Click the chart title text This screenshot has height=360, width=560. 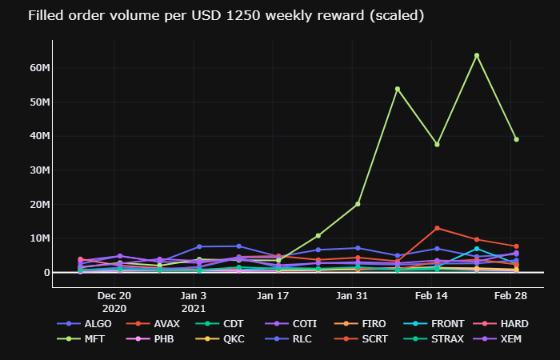point(214,15)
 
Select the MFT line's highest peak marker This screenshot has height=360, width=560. point(477,55)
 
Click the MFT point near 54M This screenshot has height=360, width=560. point(398,89)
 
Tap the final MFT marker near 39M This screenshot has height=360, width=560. point(516,139)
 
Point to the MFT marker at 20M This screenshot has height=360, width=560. point(358,204)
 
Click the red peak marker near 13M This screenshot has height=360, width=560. point(437,228)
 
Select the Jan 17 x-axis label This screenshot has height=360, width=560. point(273,295)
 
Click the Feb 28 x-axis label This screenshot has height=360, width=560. point(510,295)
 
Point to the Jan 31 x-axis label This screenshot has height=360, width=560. point(352,295)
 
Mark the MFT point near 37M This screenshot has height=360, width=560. point(437,144)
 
